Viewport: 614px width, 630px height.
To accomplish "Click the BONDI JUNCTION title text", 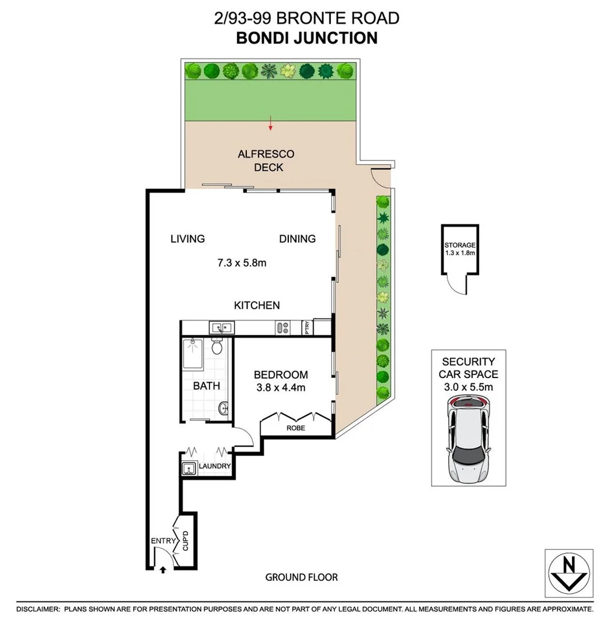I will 306,38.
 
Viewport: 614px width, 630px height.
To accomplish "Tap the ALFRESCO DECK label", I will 266,161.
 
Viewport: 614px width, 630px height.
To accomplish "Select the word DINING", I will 297,239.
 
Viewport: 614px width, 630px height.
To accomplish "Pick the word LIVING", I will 187,239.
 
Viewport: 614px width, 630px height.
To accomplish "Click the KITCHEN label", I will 257,305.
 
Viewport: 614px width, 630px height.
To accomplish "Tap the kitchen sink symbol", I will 222,328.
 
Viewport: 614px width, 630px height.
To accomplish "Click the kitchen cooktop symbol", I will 283,328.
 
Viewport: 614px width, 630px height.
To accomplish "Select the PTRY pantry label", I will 306,328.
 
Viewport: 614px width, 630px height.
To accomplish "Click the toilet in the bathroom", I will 217,346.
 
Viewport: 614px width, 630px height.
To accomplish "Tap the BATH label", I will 207,386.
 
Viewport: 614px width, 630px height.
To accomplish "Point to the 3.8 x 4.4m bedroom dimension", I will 280,387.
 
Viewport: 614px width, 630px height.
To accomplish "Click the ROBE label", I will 295,428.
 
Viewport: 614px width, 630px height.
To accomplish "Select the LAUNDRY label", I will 215,467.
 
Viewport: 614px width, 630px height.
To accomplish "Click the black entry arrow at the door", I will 163,569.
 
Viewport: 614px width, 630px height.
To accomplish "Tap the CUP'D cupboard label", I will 185,541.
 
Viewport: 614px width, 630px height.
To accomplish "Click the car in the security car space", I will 469,439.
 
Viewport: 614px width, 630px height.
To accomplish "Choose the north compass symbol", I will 569,573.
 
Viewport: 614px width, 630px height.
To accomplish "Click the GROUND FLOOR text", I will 301,577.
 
